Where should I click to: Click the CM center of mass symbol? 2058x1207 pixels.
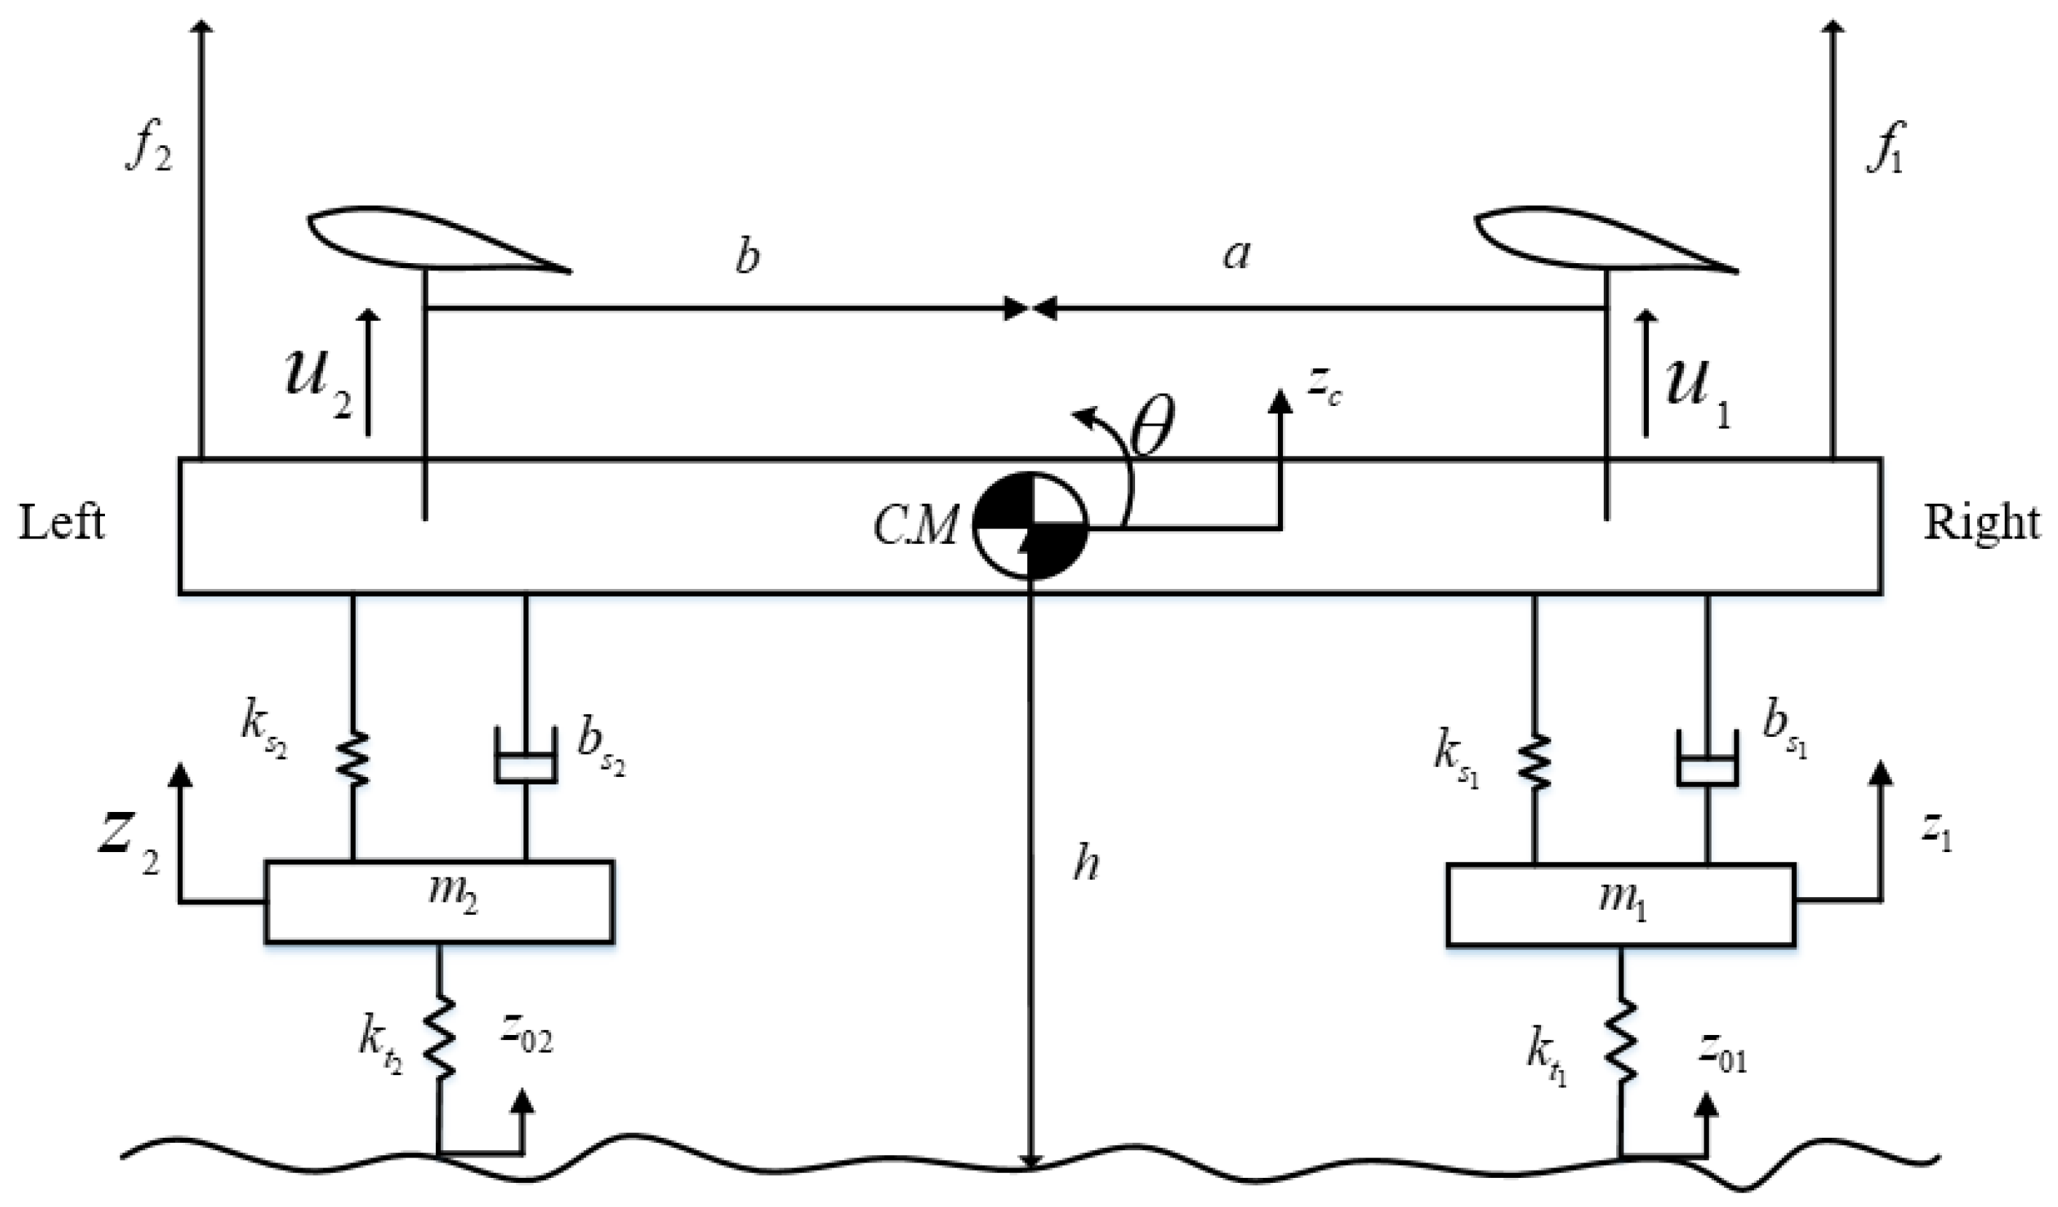point(1031,525)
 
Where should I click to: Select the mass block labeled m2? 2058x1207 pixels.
point(440,902)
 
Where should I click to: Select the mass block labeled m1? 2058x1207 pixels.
point(1621,905)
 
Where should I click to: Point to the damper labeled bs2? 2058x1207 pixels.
point(526,754)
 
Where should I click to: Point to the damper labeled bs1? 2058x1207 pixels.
point(1707,758)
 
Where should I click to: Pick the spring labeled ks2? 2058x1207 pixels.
point(353,759)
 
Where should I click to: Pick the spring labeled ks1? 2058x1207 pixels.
point(1535,761)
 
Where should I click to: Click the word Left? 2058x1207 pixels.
point(62,523)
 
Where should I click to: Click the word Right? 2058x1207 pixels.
point(1981,523)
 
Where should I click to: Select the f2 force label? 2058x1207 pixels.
point(149,149)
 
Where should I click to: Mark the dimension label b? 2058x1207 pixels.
point(747,256)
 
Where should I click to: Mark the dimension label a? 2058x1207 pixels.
point(1236,256)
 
